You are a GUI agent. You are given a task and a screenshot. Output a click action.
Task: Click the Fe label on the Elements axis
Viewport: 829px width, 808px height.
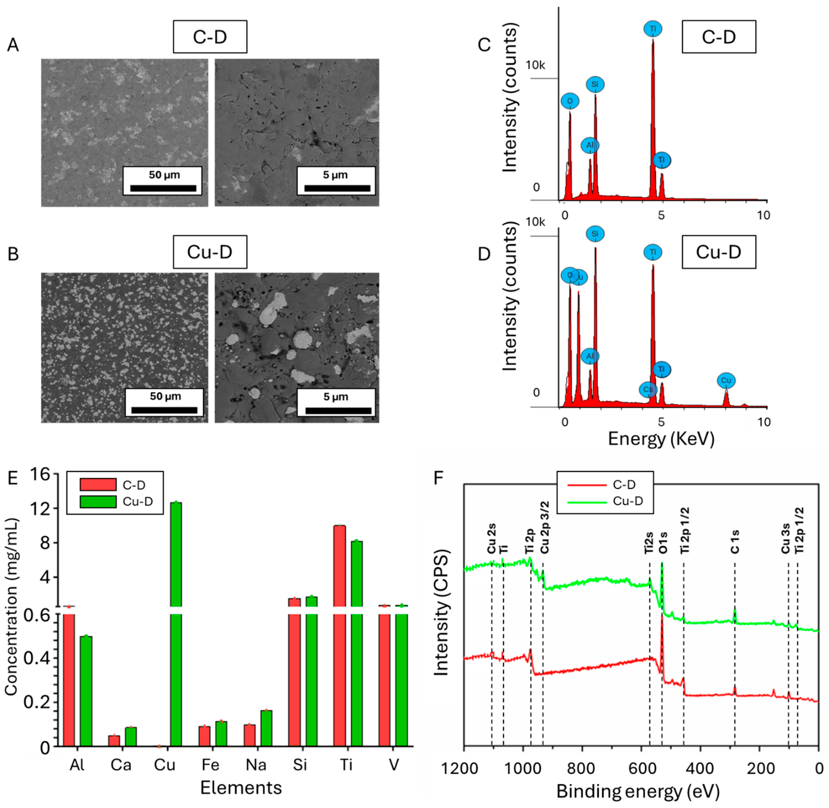coord(210,765)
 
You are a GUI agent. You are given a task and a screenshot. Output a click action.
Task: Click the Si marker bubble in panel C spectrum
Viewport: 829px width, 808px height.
coord(595,84)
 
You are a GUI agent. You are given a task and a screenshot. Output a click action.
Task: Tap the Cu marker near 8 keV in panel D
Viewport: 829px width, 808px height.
coord(726,380)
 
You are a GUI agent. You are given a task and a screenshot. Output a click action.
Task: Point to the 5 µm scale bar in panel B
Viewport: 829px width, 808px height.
coord(338,410)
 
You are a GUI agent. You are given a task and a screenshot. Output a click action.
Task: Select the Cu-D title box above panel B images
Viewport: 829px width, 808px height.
coord(210,252)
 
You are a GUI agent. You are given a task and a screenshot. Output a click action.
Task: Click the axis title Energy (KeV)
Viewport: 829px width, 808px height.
coord(661,438)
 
